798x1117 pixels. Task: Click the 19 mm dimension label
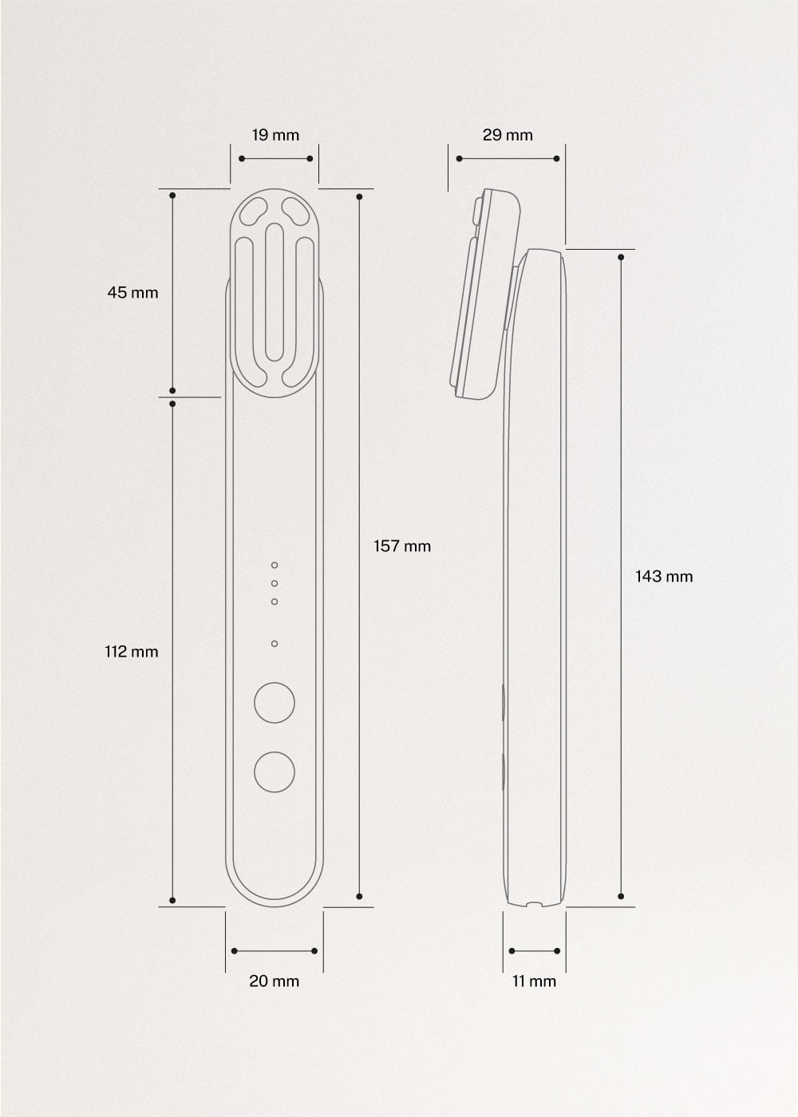pyautogui.click(x=275, y=135)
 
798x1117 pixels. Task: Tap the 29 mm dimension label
pyautogui.click(x=508, y=135)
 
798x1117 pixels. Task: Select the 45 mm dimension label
pyautogui.click(x=132, y=293)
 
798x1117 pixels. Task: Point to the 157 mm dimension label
pyautogui.click(x=402, y=547)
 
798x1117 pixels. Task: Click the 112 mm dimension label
pyautogui.click(x=132, y=652)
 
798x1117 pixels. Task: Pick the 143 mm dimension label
pyautogui.click(x=664, y=576)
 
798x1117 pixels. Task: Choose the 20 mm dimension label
pyautogui.click(x=274, y=981)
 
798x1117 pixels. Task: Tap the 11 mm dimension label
pyautogui.click(x=534, y=981)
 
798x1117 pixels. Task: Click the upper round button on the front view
pyautogui.click(x=274, y=703)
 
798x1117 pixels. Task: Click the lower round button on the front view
pyautogui.click(x=274, y=772)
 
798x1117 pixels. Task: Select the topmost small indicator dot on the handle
pyautogui.click(x=275, y=565)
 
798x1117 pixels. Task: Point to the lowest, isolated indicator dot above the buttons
pyautogui.click(x=275, y=643)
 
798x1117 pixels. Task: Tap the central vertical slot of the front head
pyautogui.click(x=275, y=292)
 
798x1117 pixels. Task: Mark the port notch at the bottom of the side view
pyautogui.click(x=534, y=904)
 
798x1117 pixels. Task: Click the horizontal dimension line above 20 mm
pyautogui.click(x=274, y=951)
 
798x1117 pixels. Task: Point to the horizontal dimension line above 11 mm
pyautogui.click(x=534, y=951)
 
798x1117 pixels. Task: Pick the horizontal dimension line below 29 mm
pyautogui.click(x=508, y=159)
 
